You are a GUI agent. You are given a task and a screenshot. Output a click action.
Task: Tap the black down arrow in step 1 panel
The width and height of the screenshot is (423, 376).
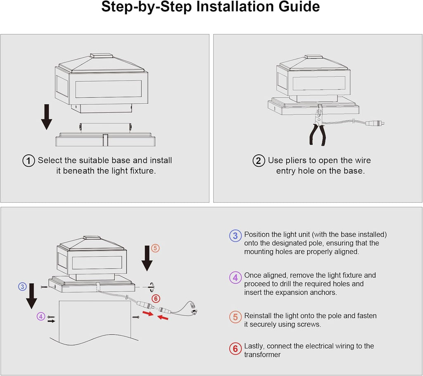click(x=47, y=116)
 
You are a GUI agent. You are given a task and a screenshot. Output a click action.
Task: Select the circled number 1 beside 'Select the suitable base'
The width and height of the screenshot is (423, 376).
click(x=28, y=161)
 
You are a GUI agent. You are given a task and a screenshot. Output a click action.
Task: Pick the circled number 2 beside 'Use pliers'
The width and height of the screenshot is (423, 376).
click(x=259, y=161)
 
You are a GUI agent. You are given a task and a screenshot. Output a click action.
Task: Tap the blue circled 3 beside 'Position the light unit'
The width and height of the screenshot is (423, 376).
click(x=235, y=236)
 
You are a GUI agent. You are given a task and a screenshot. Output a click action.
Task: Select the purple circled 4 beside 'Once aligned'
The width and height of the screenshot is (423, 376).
click(x=235, y=277)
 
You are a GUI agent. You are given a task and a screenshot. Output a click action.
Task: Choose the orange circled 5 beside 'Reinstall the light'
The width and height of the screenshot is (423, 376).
click(x=235, y=317)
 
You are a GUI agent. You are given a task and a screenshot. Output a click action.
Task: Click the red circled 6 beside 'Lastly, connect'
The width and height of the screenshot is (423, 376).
click(x=235, y=349)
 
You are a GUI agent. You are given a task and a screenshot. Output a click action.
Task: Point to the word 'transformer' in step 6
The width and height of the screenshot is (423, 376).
click(x=262, y=355)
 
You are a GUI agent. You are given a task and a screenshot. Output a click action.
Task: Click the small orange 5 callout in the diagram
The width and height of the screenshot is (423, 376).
click(x=155, y=248)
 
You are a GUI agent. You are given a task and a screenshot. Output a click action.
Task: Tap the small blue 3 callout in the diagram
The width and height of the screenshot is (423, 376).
click(x=22, y=286)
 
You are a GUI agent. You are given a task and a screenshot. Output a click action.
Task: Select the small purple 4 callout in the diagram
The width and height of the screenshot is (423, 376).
click(x=40, y=317)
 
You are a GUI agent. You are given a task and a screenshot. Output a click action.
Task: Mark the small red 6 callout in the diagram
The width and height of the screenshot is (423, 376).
click(x=155, y=298)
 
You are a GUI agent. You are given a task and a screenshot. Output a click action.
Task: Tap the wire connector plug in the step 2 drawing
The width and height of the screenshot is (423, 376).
click(x=378, y=123)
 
